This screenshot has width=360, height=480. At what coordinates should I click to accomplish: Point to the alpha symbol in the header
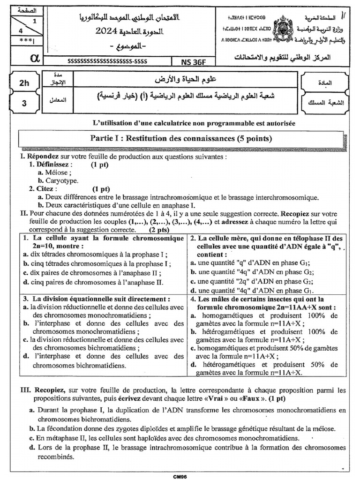[34, 58]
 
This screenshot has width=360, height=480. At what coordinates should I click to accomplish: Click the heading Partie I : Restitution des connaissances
[180, 138]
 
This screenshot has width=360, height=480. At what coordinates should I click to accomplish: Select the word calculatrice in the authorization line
[167, 123]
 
